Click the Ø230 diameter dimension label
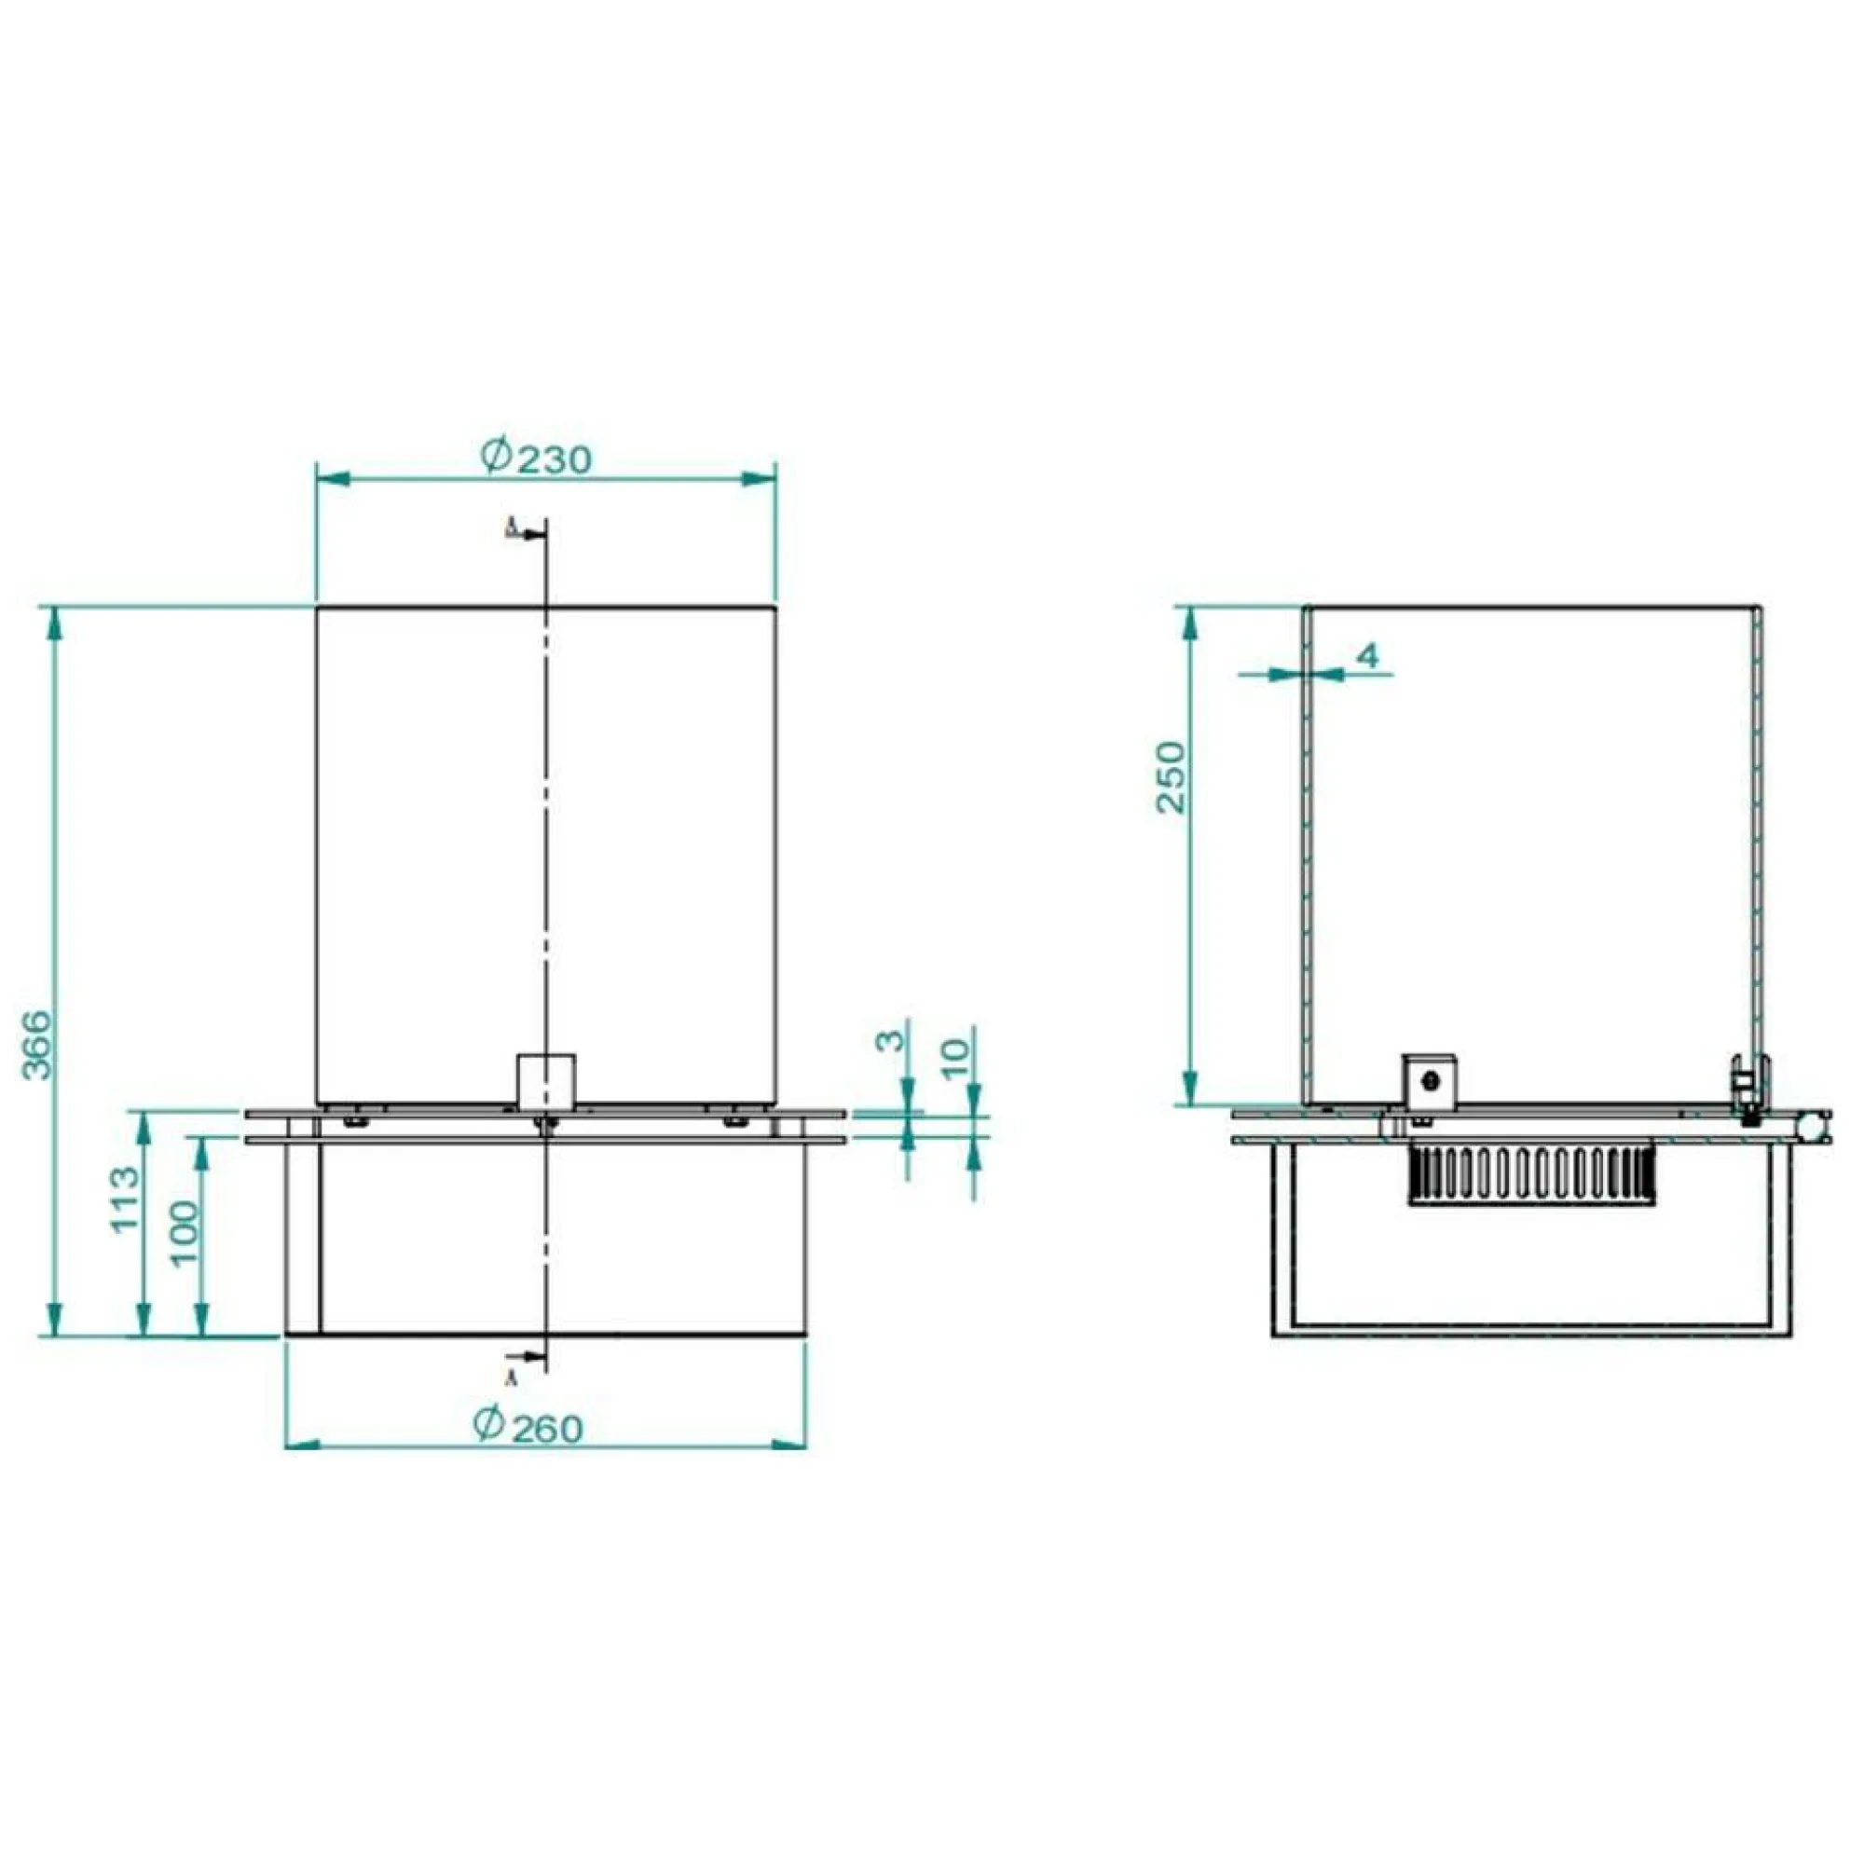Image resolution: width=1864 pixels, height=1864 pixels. click(x=537, y=457)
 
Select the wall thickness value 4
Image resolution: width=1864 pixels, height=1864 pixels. click(x=1368, y=656)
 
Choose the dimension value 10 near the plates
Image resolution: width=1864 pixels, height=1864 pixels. click(x=953, y=1059)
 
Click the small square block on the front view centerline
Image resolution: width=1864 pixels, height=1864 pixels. click(x=546, y=1080)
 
